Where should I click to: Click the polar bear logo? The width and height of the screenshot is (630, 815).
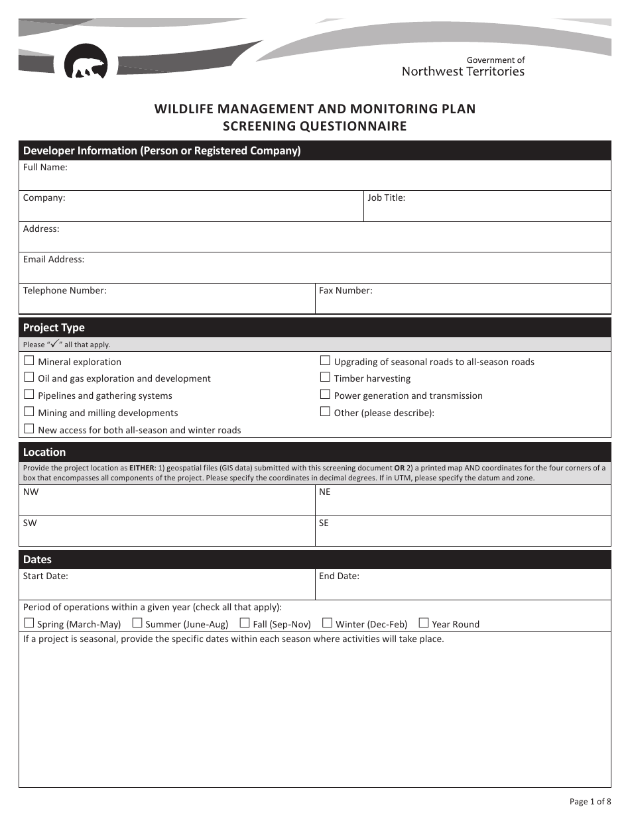pyautogui.click(x=86, y=62)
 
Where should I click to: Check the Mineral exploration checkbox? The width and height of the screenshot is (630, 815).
pyautogui.click(x=29, y=361)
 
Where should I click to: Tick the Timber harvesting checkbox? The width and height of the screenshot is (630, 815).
pyautogui.click(x=325, y=378)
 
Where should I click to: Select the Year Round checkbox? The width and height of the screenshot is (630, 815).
pyautogui.click(x=424, y=624)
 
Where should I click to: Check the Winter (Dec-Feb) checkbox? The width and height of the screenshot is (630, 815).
pyautogui.click(x=327, y=624)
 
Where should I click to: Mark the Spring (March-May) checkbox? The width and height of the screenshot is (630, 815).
pyautogui.click(x=29, y=624)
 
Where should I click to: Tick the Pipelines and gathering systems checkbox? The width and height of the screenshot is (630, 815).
pyautogui.click(x=29, y=395)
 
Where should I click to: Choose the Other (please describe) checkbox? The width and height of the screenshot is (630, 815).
pyautogui.click(x=325, y=412)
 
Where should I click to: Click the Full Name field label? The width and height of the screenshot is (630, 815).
pyautogui.click(x=45, y=168)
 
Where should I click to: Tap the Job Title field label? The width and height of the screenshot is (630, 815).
pyautogui.click(x=386, y=197)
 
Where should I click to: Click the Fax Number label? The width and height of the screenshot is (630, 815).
pyautogui.click(x=346, y=290)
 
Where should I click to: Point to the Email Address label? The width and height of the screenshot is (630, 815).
pyautogui.click(x=54, y=260)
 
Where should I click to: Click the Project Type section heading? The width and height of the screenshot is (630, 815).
pyautogui.click(x=54, y=328)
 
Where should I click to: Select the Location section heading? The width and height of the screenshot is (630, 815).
pyautogui.click(x=44, y=453)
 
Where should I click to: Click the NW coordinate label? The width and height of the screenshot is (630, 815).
pyautogui.click(x=31, y=492)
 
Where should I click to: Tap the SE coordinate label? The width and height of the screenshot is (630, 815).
pyautogui.click(x=324, y=523)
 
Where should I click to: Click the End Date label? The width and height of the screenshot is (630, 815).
pyautogui.click(x=339, y=576)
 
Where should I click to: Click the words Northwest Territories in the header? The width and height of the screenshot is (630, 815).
pyautogui.click(x=463, y=72)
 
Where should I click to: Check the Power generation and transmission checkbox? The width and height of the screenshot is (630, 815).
pyautogui.click(x=325, y=395)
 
